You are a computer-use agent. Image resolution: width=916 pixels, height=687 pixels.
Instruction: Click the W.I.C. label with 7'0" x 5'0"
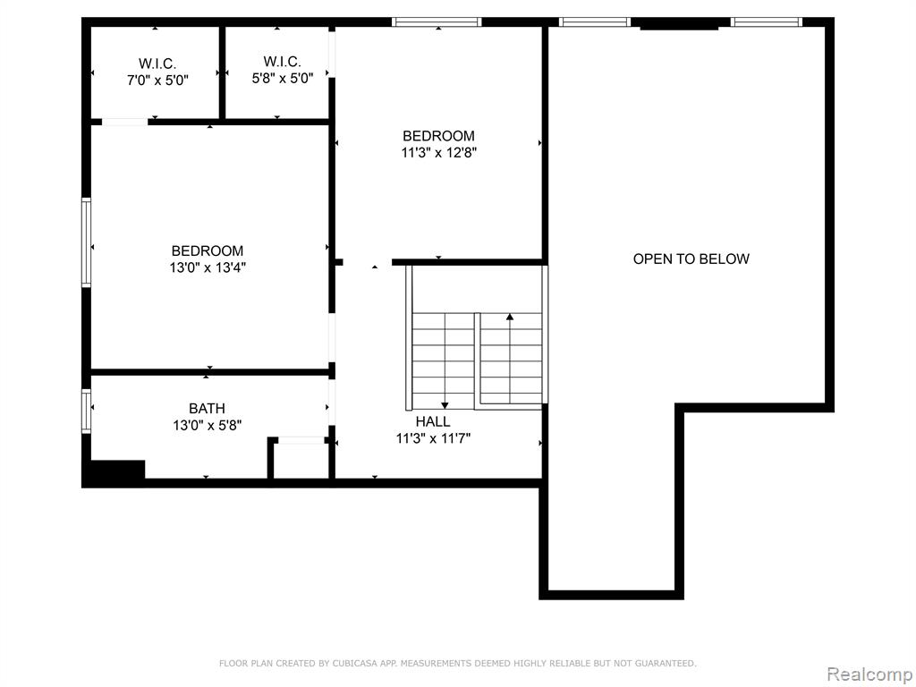coord(157,64)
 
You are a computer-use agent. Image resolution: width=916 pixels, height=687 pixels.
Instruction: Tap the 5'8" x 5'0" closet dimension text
coord(283,78)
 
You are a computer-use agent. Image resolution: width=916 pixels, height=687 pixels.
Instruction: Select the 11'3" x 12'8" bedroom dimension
coord(438,153)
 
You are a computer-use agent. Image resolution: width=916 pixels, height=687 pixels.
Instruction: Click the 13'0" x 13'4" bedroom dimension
coord(208,267)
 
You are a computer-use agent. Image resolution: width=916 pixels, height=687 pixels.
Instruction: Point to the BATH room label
coord(207,408)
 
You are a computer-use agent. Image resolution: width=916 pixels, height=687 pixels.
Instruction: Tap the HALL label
coord(433,421)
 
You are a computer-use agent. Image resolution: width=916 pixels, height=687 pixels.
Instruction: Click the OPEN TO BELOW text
coord(691,259)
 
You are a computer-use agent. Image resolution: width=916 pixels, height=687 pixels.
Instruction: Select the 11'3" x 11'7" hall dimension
coord(434,438)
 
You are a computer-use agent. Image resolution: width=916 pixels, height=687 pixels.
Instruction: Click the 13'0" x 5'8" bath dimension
coord(208,425)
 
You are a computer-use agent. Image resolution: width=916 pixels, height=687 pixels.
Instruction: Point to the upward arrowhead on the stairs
coord(510,317)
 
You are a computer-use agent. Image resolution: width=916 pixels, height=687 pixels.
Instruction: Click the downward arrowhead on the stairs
coord(445,405)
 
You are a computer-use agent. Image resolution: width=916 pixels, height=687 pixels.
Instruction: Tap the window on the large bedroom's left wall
coord(87,242)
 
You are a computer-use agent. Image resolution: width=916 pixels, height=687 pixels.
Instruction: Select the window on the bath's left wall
coord(87,411)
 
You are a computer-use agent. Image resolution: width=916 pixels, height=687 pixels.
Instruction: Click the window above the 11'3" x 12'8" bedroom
coord(437,22)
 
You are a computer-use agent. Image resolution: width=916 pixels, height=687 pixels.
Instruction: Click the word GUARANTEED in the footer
coord(665,663)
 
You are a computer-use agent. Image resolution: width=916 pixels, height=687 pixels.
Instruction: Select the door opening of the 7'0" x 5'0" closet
coord(125,122)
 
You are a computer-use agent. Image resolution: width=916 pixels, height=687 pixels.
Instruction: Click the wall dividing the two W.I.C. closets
coord(222,73)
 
